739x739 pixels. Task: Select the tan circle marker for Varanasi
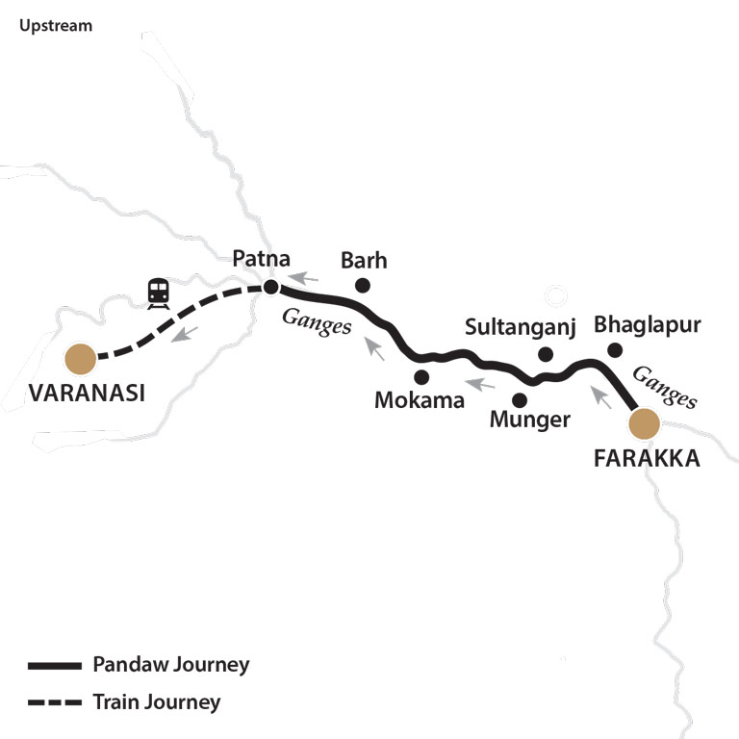[80, 359]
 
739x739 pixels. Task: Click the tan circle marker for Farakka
[644, 422]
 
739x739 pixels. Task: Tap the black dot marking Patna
[271, 287]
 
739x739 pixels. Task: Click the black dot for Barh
[363, 285]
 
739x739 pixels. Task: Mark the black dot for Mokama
[420, 376]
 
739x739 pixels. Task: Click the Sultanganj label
[520, 327]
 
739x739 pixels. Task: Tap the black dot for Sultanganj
[546, 354]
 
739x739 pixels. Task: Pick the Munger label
[530, 420]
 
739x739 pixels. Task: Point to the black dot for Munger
[521, 398]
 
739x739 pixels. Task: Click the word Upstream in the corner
[56, 26]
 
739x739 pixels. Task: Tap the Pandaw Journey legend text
[171, 665]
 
